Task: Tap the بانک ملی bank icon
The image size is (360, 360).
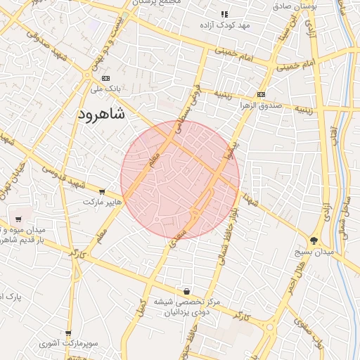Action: [106, 78]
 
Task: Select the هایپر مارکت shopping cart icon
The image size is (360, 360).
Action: [103, 191]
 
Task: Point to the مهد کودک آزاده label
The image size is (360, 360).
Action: [224, 25]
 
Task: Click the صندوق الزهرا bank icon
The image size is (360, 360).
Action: [261, 94]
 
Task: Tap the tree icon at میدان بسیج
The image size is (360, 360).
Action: [314, 240]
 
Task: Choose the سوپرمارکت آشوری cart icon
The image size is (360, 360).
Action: [68, 333]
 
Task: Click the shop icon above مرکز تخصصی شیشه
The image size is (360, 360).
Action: [186, 291]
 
